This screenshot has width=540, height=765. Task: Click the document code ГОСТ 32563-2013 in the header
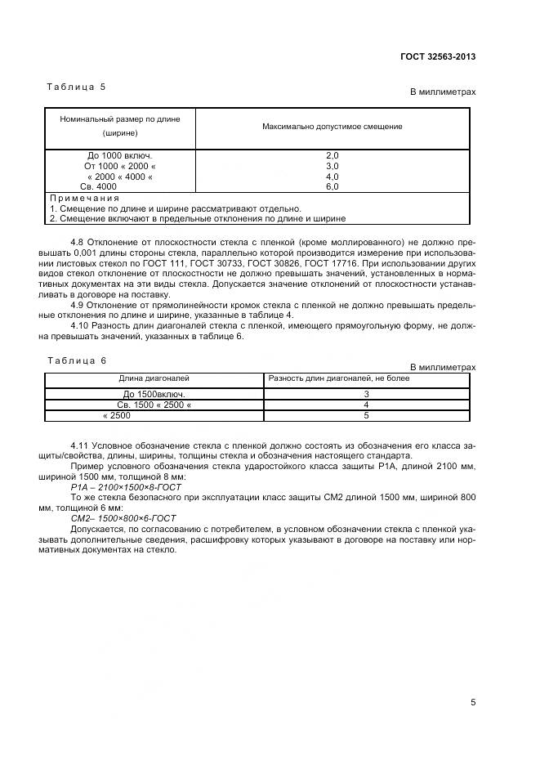pos(438,56)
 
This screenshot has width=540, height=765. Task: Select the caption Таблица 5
pos(77,86)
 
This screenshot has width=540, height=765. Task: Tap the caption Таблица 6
pos(77,360)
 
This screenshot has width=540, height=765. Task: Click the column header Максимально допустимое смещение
pos(332,127)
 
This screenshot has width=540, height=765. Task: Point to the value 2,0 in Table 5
pos(332,154)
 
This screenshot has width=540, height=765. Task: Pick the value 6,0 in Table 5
pos(332,186)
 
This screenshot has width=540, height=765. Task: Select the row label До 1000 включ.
pos(120,154)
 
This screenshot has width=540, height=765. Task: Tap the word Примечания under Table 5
pos(85,198)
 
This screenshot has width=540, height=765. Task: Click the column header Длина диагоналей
pos(154,378)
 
